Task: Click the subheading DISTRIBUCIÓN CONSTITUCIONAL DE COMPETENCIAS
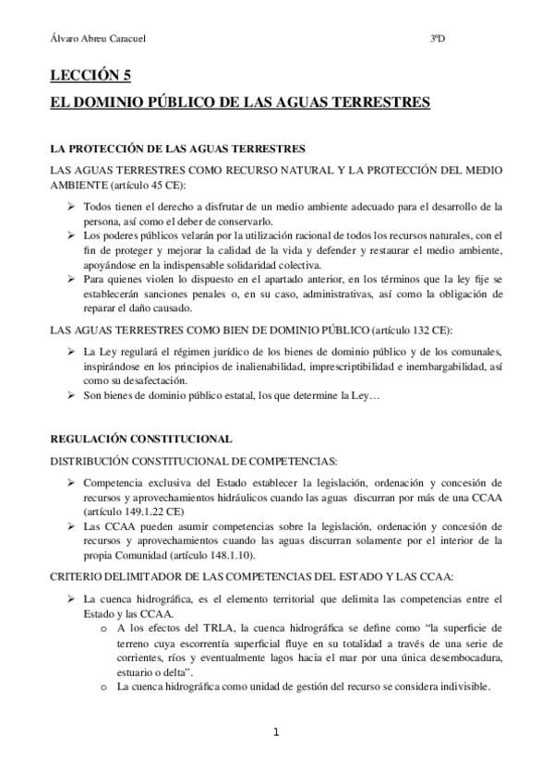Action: [194, 460]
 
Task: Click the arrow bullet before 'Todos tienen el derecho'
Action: [72, 207]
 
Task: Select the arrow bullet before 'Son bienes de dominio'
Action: [72, 396]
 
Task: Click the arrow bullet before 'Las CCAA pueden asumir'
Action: [72, 525]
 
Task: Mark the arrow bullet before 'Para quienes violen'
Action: [72, 279]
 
